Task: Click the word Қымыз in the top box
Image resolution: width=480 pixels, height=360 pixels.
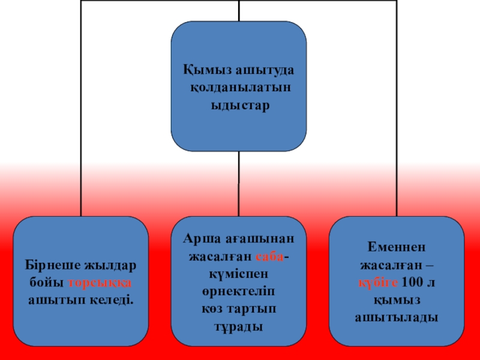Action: tap(204, 70)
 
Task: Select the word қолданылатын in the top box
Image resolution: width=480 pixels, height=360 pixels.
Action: tap(239, 87)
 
